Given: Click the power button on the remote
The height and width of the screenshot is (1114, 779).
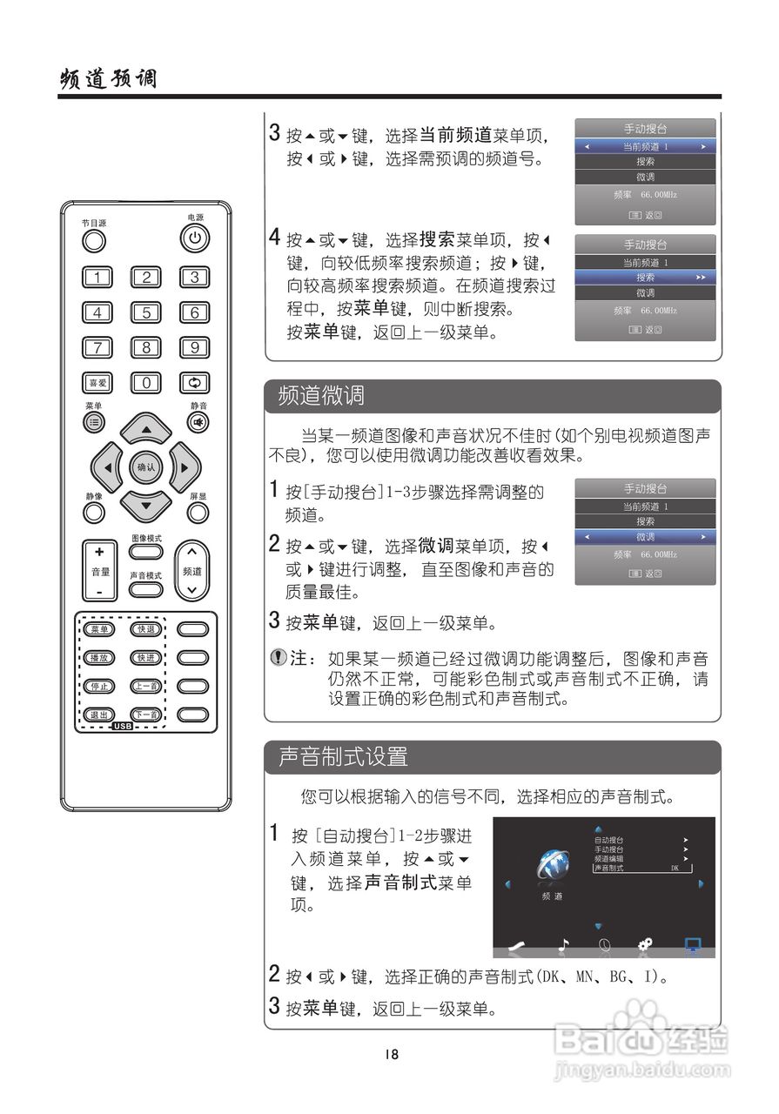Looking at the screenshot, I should [x=194, y=238].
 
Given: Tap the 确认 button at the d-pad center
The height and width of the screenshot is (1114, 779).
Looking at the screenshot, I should [x=145, y=467].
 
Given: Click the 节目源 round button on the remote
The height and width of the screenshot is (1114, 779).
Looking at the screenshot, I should [x=94, y=240].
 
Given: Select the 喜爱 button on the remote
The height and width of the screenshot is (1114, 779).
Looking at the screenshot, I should [x=97, y=382].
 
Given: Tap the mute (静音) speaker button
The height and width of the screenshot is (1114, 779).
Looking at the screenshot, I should [x=198, y=422].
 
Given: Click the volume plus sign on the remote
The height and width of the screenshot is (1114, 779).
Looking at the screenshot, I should [x=99, y=552].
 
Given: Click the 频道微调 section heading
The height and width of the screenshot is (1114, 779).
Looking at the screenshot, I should [x=321, y=397].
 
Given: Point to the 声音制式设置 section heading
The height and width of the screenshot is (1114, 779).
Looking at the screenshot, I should [x=343, y=757].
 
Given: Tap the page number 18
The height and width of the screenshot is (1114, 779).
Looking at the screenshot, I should [x=390, y=1054].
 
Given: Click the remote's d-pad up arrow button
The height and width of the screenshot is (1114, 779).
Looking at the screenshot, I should [x=145, y=429].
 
